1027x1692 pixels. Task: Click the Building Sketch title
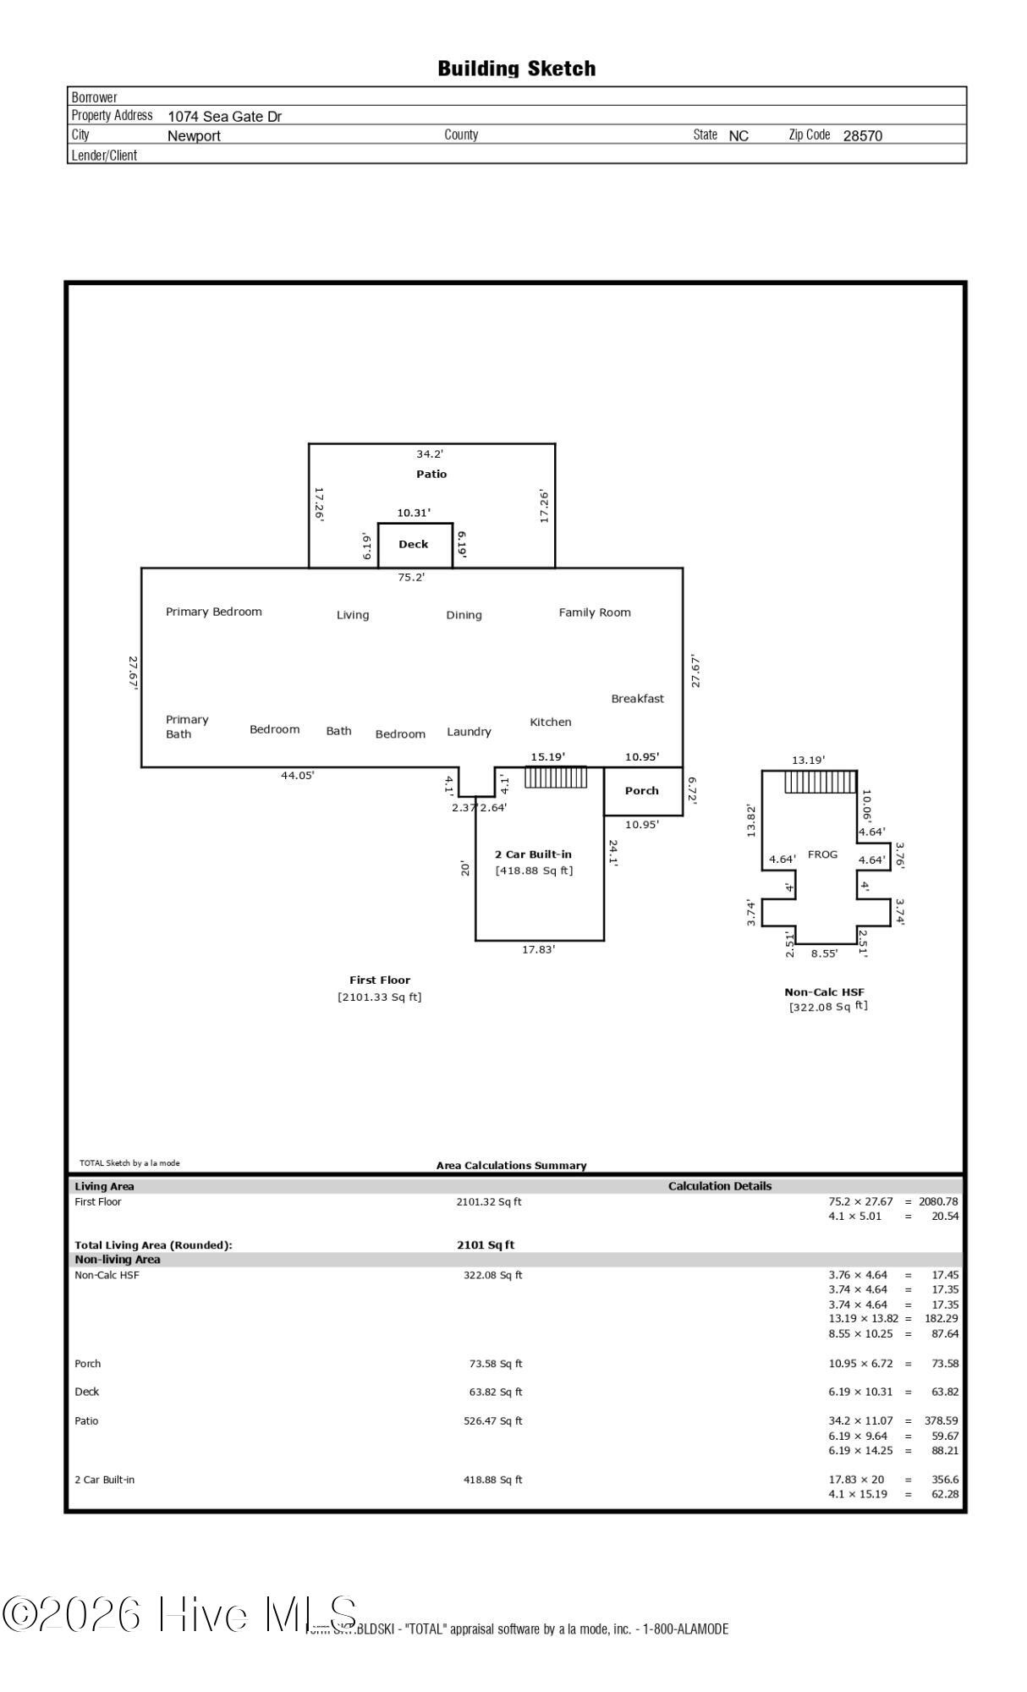(516, 69)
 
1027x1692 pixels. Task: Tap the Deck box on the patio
(415, 545)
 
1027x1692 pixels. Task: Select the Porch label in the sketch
(641, 791)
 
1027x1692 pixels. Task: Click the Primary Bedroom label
(214, 612)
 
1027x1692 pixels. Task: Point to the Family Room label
(595, 613)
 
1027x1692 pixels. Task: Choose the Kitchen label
(551, 722)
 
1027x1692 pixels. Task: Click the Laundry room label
(469, 732)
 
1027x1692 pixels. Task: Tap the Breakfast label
(637, 699)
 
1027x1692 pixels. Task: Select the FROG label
(822, 854)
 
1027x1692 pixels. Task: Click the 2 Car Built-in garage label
(533, 854)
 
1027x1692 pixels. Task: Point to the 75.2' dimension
(411, 577)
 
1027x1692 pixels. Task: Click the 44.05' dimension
(298, 775)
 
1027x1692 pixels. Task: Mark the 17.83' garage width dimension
(538, 949)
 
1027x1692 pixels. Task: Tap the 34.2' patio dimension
(430, 454)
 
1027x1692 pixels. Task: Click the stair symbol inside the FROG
(820, 782)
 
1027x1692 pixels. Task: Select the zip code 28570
(862, 136)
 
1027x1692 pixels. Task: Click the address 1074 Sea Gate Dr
(225, 117)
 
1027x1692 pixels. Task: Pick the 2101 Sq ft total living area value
(486, 1245)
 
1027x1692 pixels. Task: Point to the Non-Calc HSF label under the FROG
(824, 992)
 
